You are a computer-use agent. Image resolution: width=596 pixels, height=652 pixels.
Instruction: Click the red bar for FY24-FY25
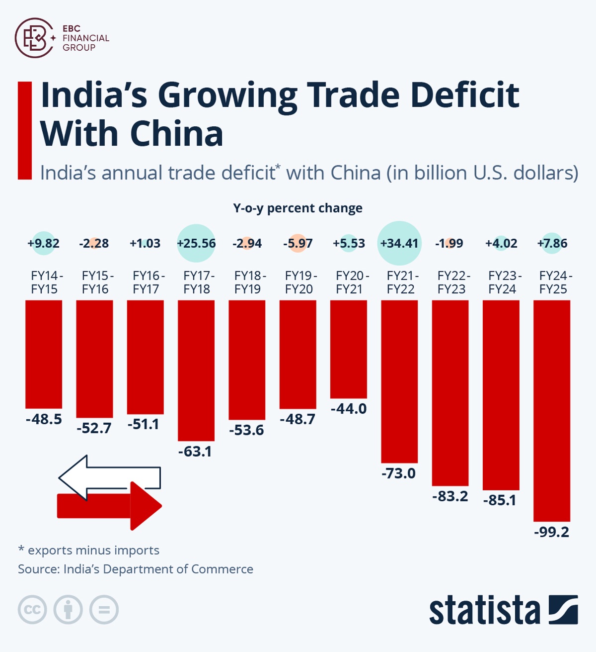click(x=552, y=410)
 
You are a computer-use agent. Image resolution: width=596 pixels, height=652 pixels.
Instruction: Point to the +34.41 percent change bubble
click(x=399, y=243)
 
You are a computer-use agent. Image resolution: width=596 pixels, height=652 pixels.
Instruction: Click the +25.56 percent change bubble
click(x=196, y=243)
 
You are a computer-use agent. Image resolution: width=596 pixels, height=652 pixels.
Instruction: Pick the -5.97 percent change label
click(x=298, y=243)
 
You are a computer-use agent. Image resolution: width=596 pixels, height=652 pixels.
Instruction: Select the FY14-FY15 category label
click(x=45, y=282)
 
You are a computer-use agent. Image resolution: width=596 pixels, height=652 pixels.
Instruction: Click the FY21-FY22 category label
click(x=400, y=282)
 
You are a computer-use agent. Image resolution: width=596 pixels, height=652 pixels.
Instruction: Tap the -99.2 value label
click(x=552, y=532)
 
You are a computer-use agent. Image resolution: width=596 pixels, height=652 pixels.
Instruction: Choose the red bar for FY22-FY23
click(x=450, y=393)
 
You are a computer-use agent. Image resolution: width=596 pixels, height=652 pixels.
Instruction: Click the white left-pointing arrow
click(x=109, y=477)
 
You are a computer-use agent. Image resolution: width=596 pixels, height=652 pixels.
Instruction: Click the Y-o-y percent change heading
click(x=298, y=208)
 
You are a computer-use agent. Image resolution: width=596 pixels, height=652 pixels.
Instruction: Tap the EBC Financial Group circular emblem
click(x=34, y=38)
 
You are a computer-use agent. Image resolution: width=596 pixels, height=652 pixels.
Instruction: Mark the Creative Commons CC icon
click(x=32, y=610)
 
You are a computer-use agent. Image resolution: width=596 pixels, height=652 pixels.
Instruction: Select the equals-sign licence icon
click(x=104, y=610)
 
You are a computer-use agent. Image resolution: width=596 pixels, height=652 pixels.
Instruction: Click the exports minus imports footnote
click(x=89, y=550)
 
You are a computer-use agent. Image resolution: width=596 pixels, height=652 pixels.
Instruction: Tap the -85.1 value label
click(x=500, y=500)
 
